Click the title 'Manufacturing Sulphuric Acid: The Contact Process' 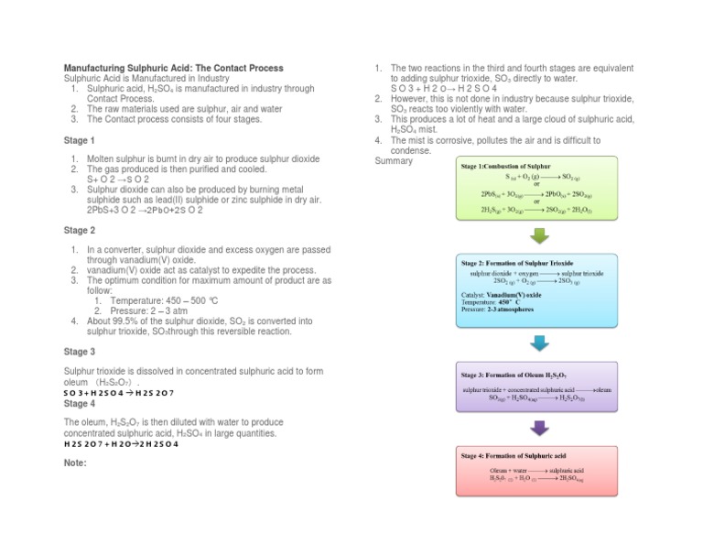click(x=173, y=69)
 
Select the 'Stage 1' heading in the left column click(x=79, y=141)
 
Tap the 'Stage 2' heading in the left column click(x=79, y=231)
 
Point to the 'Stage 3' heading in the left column click(x=79, y=352)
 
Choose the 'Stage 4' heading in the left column click(x=79, y=403)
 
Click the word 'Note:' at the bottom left click(x=75, y=462)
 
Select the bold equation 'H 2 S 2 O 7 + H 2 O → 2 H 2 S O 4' click(x=121, y=444)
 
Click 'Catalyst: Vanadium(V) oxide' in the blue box click(x=501, y=295)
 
